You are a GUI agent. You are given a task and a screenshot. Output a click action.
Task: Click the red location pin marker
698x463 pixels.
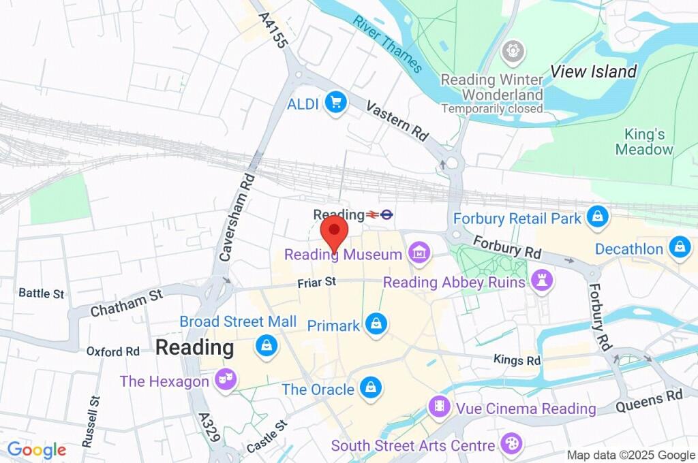point(334,232)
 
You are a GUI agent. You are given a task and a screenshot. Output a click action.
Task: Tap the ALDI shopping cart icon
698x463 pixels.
point(335,103)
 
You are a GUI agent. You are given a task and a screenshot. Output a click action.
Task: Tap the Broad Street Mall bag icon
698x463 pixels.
point(267,345)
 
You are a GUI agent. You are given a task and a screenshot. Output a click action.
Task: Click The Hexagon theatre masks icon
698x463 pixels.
point(226,381)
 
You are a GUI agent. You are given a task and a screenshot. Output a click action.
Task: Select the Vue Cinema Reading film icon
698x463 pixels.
point(440,408)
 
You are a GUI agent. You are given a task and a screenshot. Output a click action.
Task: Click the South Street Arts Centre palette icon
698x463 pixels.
point(509,445)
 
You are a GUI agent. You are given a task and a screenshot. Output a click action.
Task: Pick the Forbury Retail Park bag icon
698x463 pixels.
point(597,218)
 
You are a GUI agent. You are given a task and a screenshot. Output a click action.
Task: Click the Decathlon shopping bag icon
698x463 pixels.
point(680,249)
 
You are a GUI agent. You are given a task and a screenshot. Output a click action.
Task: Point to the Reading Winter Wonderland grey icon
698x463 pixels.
point(512,51)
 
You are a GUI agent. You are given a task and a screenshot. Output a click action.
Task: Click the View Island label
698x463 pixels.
point(593,71)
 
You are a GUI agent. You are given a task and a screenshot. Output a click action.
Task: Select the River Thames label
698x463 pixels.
point(388,44)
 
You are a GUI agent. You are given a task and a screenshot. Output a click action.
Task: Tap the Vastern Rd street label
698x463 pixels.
point(397,121)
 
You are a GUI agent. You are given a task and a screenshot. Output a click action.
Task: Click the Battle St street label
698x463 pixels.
point(41,293)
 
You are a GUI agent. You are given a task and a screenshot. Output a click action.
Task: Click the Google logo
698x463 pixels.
point(36,450)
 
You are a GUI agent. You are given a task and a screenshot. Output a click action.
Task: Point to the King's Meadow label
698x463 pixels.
point(643,142)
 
